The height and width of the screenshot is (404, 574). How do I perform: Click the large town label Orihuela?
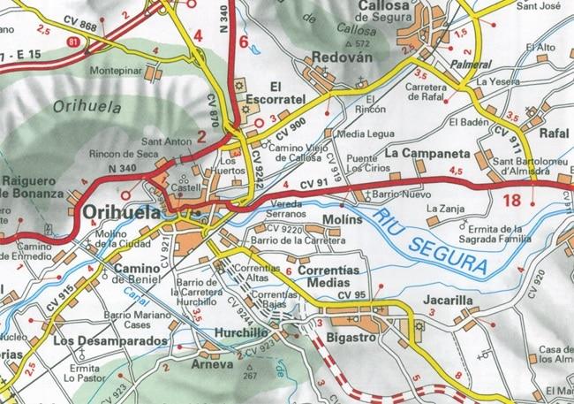coord(124,213)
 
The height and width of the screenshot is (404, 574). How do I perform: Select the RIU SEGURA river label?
coord(431,240)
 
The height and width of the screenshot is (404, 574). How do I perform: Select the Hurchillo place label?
coord(241,333)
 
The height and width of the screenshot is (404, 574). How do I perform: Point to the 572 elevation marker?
coord(359,43)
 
